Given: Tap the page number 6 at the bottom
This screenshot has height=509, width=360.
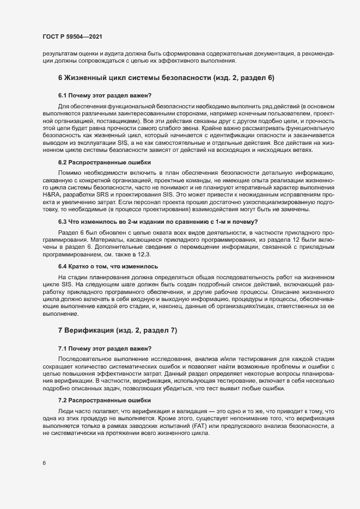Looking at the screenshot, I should coord(44,463).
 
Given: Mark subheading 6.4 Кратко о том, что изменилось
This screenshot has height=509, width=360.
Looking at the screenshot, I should coord(108,267).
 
